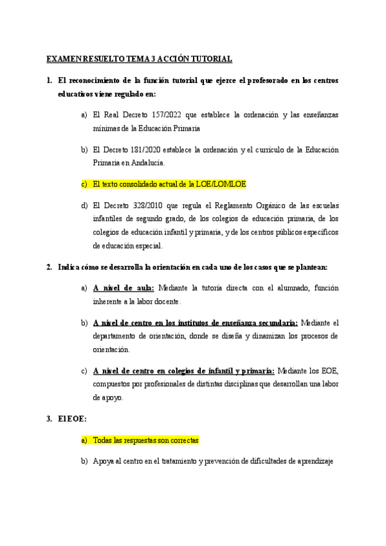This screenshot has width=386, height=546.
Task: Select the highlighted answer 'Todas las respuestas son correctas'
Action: pyautogui.click(x=146, y=440)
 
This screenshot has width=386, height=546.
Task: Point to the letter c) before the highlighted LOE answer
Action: pyautogui.click(x=84, y=184)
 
